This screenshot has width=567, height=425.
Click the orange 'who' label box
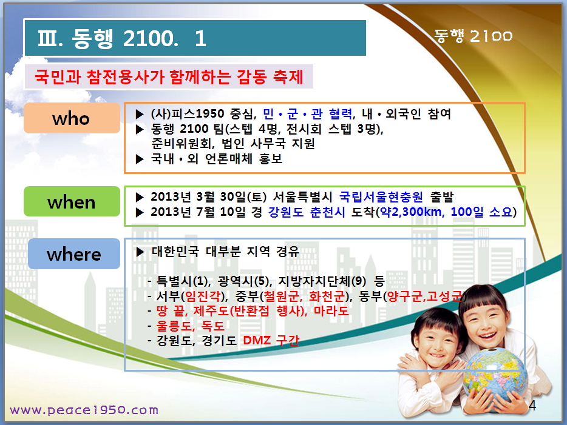(x=72, y=118)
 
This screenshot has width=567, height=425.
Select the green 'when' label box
(x=72, y=201)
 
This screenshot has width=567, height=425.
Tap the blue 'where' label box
(x=74, y=254)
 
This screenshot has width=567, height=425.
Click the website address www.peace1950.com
(x=84, y=410)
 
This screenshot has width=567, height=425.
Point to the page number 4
(x=532, y=406)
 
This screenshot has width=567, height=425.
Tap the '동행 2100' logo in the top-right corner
(x=473, y=36)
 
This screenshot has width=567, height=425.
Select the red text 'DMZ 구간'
(x=271, y=340)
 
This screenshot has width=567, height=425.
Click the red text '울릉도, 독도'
(x=191, y=326)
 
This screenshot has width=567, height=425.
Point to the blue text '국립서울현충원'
(x=381, y=197)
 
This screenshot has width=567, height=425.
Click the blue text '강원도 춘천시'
(x=307, y=212)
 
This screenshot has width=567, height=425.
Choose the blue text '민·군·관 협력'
(x=307, y=114)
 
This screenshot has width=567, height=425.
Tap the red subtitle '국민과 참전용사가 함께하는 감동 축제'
(x=169, y=76)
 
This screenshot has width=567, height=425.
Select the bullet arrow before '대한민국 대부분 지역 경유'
(x=140, y=252)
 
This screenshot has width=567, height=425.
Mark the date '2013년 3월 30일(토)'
(x=209, y=197)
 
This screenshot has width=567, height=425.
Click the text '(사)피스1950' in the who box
(x=188, y=114)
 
